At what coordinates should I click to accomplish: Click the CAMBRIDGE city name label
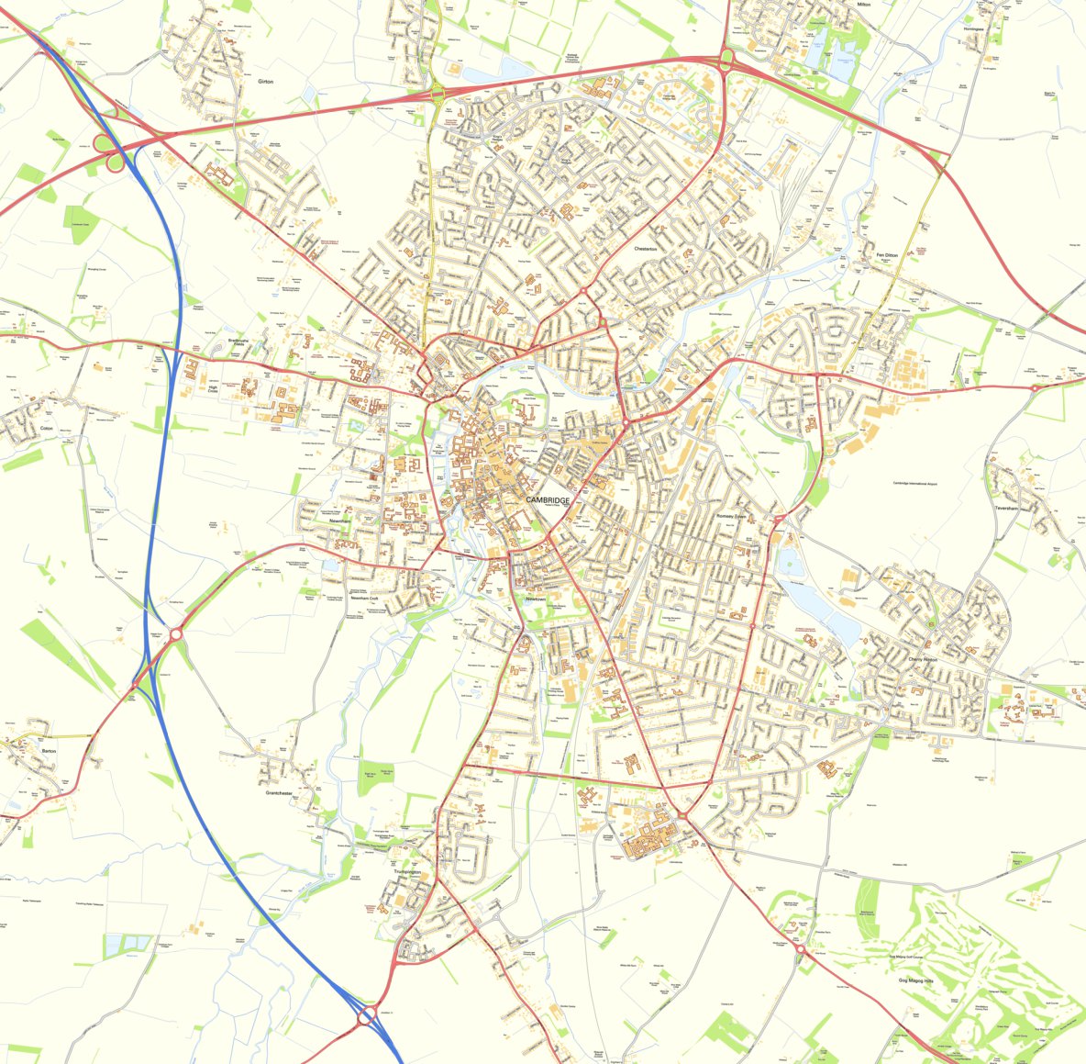(548, 499)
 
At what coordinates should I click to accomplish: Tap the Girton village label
(266, 82)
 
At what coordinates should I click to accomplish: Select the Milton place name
(862, 5)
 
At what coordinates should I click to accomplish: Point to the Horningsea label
(973, 28)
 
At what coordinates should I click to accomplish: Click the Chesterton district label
(648, 249)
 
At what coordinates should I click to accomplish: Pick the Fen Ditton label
(886, 254)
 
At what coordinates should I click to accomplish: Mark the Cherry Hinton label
(923, 659)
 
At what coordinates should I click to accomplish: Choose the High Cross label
(213, 390)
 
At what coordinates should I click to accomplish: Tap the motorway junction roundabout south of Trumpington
(367, 1015)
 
